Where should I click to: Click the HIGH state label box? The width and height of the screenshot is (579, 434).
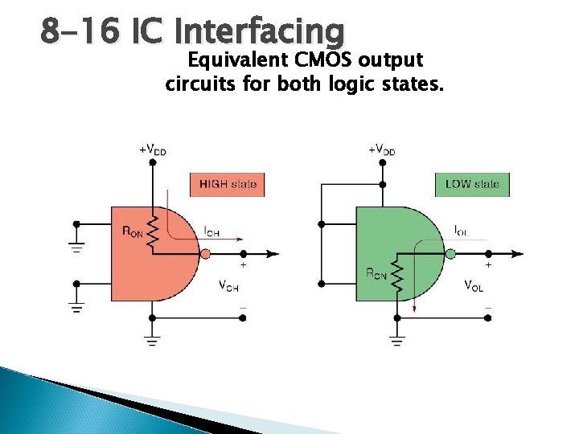[x=228, y=184]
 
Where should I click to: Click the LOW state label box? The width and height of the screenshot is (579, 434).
[x=472, y=184]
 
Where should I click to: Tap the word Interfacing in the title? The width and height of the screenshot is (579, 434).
[x=259, y=32]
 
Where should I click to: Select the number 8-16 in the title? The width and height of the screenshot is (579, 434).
[x=77, y=32]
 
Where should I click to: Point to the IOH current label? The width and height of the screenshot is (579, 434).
[x=211, y=232]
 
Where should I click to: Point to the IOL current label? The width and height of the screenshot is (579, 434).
[x=461, y=231]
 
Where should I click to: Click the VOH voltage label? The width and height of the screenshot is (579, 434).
[x=228, y=285]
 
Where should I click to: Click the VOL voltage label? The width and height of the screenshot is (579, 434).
[x=474, y=285]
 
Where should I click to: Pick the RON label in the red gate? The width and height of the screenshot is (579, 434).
[x=133, y=231]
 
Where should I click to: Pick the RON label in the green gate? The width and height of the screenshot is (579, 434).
[x=376, y=273]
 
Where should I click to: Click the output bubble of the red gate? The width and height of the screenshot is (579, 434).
[x=205, y=253]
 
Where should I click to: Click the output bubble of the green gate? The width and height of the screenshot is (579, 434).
[x=450, y=253]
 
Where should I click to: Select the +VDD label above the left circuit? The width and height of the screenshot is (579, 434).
[x=153, y=149]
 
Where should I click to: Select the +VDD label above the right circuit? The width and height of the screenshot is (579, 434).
[x=381, y=149]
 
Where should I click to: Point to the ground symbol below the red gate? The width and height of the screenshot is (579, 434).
[x=151, y=341]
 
